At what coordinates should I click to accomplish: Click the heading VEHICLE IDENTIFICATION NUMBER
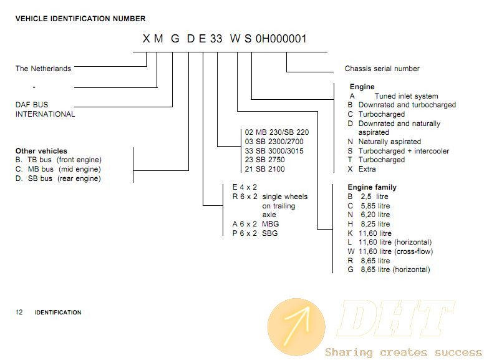80,19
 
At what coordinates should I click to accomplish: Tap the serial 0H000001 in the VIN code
281,39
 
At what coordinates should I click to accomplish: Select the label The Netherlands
43,69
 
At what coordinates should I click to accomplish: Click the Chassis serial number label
382,69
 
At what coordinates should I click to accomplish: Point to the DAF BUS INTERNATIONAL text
45,109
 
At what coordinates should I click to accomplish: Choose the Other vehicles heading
41,151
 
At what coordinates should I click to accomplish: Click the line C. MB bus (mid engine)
58,169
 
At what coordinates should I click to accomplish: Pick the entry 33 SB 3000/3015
274,150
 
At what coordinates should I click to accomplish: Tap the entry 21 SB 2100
265,169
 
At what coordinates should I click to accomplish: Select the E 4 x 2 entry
244,187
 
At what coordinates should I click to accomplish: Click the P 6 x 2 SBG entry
255,233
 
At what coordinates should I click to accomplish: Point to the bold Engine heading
362,87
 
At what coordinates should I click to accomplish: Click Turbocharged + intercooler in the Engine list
404,151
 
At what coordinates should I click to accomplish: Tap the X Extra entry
362,169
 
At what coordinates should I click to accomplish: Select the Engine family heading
372,187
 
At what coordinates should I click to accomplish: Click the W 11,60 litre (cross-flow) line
390,251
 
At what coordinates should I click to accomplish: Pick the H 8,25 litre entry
369,224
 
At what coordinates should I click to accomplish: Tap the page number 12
19,312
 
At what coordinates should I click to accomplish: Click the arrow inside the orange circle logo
297,325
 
